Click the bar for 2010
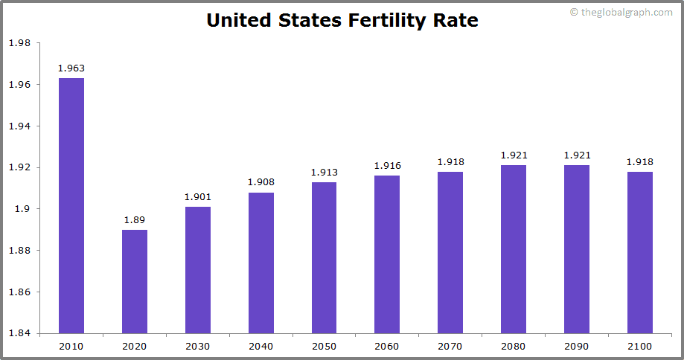pos(71,205)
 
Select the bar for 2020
pos(135,281)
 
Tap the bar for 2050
pos(324,257)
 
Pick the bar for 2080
pos(514,248)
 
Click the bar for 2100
pos(639,252)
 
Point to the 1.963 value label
pos(71,68)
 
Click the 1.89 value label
pos(135,220)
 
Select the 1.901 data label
pos(198,197)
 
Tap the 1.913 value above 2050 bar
pos(324,173)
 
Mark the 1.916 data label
pos(387,166)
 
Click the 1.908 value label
pos(261,183)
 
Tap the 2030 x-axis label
pos(198,347)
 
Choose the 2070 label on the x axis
pos(450,347)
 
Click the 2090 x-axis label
pos(576,347)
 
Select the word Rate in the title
pos(456,21)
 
